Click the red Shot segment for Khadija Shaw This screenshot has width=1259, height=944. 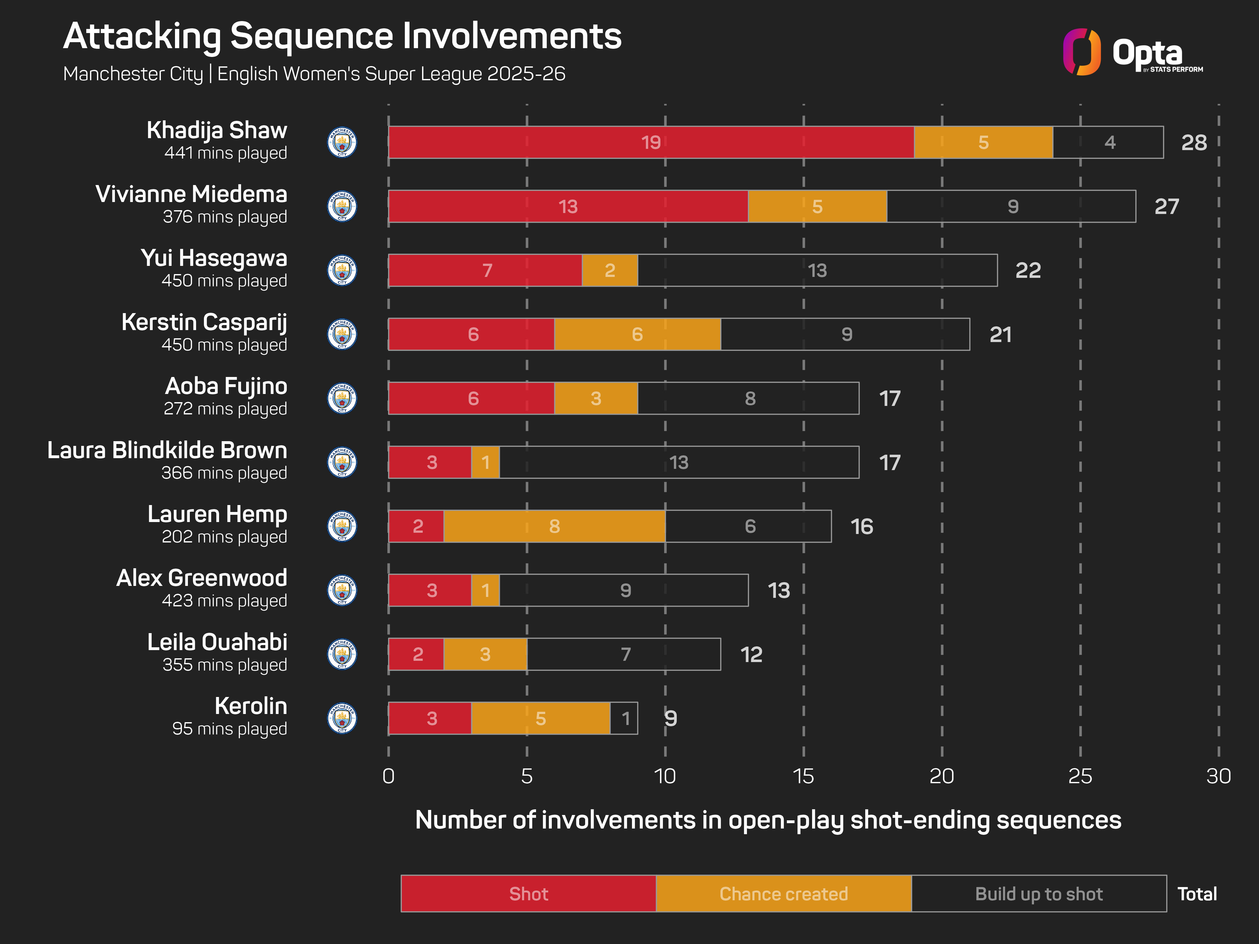651,142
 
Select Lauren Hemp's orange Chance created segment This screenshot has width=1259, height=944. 554,526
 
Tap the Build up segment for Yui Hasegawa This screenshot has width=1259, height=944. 817,270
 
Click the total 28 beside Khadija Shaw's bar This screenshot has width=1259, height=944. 1194,142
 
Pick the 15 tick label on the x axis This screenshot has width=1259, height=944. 803,776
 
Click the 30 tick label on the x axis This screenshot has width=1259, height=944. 1218,776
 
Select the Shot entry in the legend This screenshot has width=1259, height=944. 528,894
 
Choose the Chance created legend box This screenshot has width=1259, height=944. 783,894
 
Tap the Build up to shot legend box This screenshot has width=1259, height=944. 1039,894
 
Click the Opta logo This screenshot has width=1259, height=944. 1133,52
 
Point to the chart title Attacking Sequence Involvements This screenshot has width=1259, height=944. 342,37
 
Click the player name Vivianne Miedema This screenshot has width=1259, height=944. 191,194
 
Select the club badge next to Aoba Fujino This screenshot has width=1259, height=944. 342,398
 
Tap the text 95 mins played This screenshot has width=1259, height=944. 229,729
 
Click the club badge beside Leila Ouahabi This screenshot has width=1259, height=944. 342,655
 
